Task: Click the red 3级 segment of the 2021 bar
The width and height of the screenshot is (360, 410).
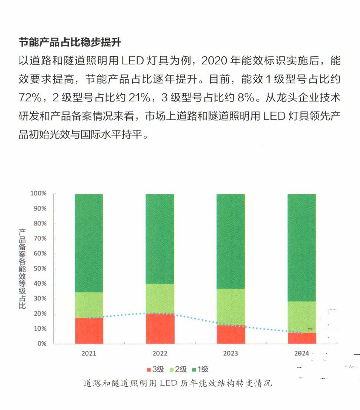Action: (89, 331)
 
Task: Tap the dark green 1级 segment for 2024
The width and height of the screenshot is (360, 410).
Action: (302, 247)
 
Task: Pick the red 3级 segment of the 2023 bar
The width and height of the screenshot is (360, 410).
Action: (231, 335)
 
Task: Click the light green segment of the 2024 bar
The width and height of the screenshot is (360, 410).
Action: (302, 317)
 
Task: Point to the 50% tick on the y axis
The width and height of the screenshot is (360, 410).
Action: (38, 269)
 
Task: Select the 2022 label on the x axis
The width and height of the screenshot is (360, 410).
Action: (159, 353)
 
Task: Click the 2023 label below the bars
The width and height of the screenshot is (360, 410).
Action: (231, 353)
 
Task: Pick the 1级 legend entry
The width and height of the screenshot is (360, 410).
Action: (200, 369)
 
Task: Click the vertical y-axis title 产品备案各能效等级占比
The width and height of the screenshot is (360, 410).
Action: (23, 269)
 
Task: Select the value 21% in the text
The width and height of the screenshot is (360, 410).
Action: (138, 98)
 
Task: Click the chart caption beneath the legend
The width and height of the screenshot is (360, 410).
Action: (178, 383)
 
